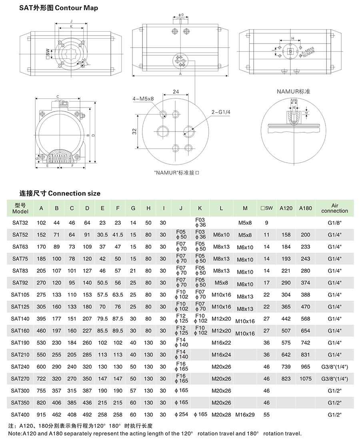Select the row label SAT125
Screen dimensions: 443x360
[20, 307]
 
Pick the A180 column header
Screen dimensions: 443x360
[306, 208]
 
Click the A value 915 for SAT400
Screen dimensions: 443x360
[41, 415]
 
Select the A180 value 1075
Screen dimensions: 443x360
[306, 379]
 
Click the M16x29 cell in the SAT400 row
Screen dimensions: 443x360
[245, 415]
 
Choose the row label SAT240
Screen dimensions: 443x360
[20, 367]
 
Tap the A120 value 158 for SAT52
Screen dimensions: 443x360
[286, 235]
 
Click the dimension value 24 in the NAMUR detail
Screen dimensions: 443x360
[176, 92]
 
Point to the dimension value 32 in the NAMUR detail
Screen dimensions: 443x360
[135, 131]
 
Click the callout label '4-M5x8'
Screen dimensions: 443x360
[143, 99]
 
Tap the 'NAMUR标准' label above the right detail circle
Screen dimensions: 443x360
[294, 92]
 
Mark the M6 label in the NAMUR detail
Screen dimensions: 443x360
[294, 100]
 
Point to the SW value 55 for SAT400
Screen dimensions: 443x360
[267, 415]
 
